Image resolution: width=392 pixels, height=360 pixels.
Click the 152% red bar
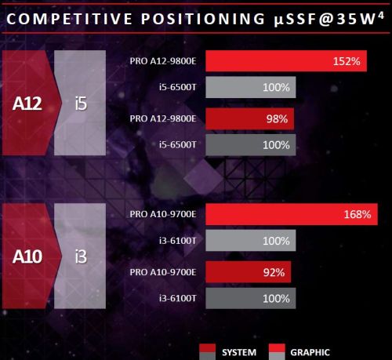tap(286, 61)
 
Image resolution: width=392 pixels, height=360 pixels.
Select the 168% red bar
tap(292, 214)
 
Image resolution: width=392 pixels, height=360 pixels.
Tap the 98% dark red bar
tap(250, 119)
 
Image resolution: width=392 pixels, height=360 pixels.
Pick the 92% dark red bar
tap(249, 272)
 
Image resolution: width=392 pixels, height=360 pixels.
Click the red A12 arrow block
tap(29, 103)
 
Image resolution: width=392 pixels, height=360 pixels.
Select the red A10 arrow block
tap(29, 256)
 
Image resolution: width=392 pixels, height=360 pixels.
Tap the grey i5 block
tap(80, 103)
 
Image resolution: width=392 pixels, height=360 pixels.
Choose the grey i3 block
tap(80, 256)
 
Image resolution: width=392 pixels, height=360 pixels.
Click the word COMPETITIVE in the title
tap(70, 19)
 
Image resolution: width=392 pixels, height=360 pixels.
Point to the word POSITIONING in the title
tap(203, 19)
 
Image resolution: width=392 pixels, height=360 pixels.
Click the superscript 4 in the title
tap(381, 16)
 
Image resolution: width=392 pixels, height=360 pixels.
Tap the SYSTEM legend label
tap(239, 352)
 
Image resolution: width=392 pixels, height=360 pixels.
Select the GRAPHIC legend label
tap(310, 352)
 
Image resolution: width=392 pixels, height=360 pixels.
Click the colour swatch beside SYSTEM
tap(208, 352)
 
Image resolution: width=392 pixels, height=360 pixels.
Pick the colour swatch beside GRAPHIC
tap(277, 352)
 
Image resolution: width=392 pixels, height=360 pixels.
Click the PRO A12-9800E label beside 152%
tap(163, 61)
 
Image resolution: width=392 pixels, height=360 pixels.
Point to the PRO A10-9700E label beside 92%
tap(163, 272)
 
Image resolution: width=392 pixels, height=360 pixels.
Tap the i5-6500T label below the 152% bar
tap(177, 87)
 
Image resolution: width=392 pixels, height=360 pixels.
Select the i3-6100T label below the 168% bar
tap(177, 241)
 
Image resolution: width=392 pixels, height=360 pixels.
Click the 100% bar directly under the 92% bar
tap(251, 298)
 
